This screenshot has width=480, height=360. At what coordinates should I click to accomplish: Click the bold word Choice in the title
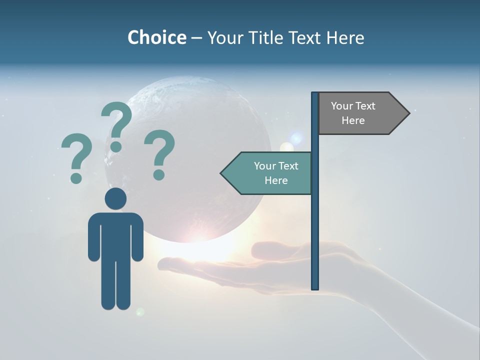click(x=156, y=37)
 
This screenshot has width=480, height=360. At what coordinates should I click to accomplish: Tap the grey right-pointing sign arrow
click(x=360, y=113)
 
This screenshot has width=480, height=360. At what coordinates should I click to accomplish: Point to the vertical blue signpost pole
click(x=315, y=225)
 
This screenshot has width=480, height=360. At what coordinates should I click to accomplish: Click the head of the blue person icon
click(x=115, y=198)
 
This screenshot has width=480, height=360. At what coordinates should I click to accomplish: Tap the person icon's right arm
click(x=137, y=237)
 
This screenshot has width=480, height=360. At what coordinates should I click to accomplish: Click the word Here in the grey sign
click(x=353, y=120)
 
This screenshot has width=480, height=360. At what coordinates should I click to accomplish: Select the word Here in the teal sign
click(x=276, y=180)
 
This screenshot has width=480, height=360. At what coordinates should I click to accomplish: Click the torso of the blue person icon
click(x=115, y=235)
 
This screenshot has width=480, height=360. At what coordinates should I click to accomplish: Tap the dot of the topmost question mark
click(x=116, y=146)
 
